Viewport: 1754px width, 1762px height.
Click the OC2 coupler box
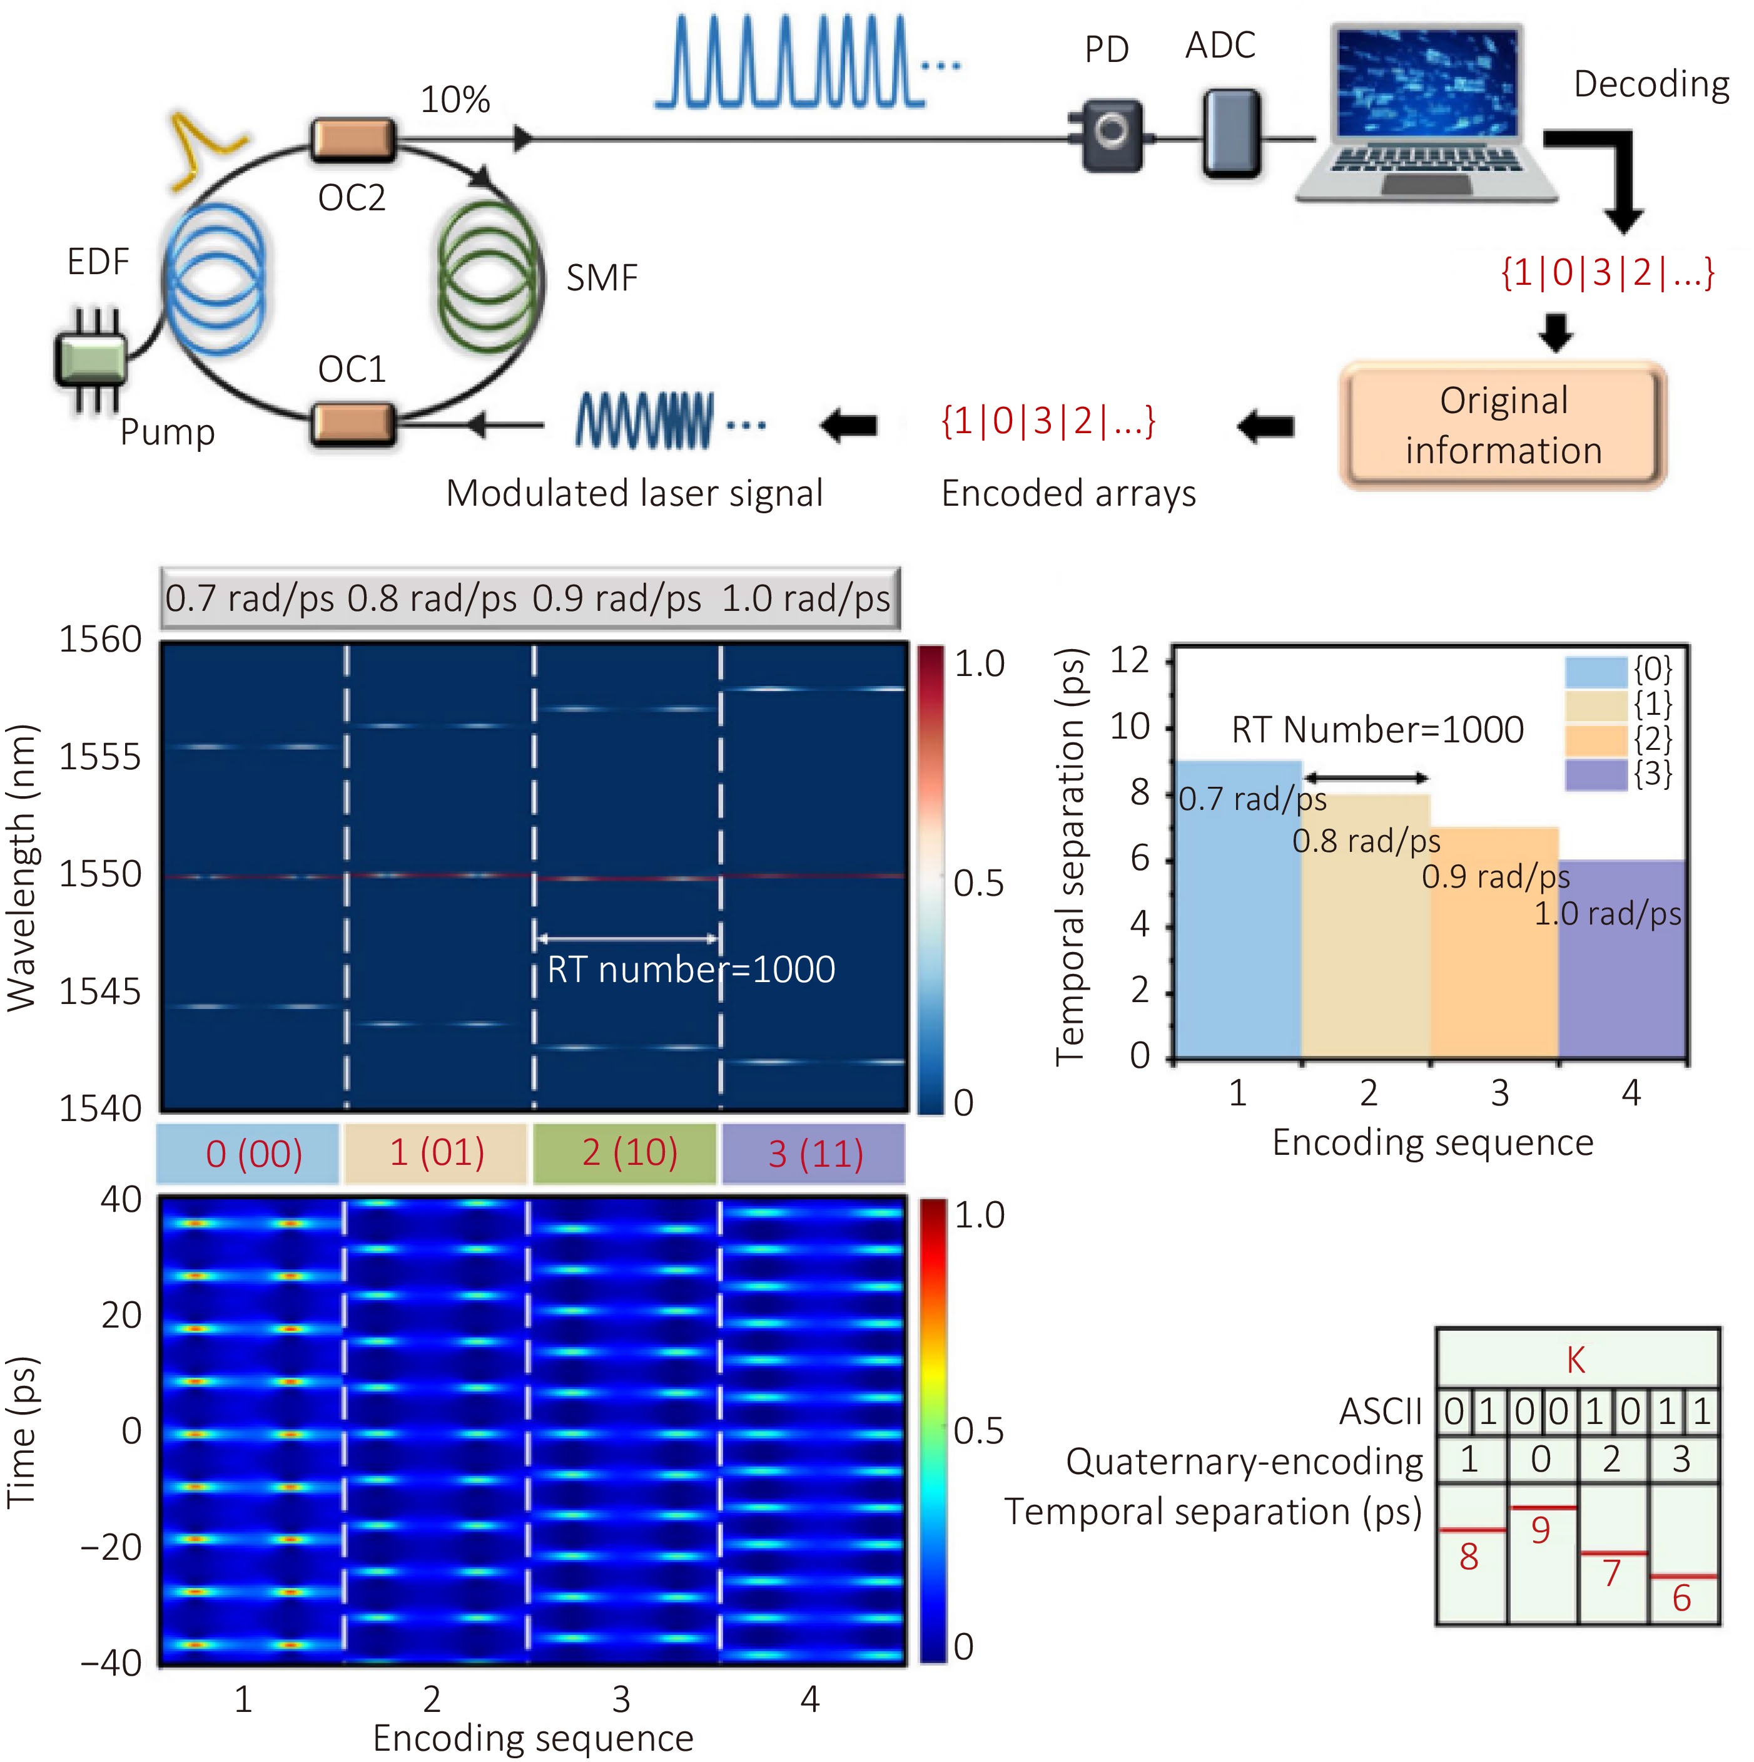pyautogui.click(x=353, y=140)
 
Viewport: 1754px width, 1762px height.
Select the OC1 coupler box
pyautogui.click(x=353, y=424)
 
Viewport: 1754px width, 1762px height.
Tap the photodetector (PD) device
pyautogui.click(x=1110, y=136)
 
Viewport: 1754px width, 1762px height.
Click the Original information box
pyautogui.click(x=1503, y=426)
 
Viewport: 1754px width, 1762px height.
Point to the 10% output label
pyautogui.click(x=455, y=100)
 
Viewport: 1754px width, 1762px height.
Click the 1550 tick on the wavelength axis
pyautogui.click(x=100, y=874)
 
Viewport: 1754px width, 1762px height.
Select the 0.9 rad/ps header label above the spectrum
pyautogui.click(x=617, y=599)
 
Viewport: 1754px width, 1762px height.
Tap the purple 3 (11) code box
pyautogui.click(x=814, y=1154)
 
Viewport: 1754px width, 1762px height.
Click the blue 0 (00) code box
pyautogui.click(x=248, y=1154)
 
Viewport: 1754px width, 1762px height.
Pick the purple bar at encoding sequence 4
pyautogui.click(x=1623, y=960)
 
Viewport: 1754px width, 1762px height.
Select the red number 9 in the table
pyautogui.click(x=1541, y=1530)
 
